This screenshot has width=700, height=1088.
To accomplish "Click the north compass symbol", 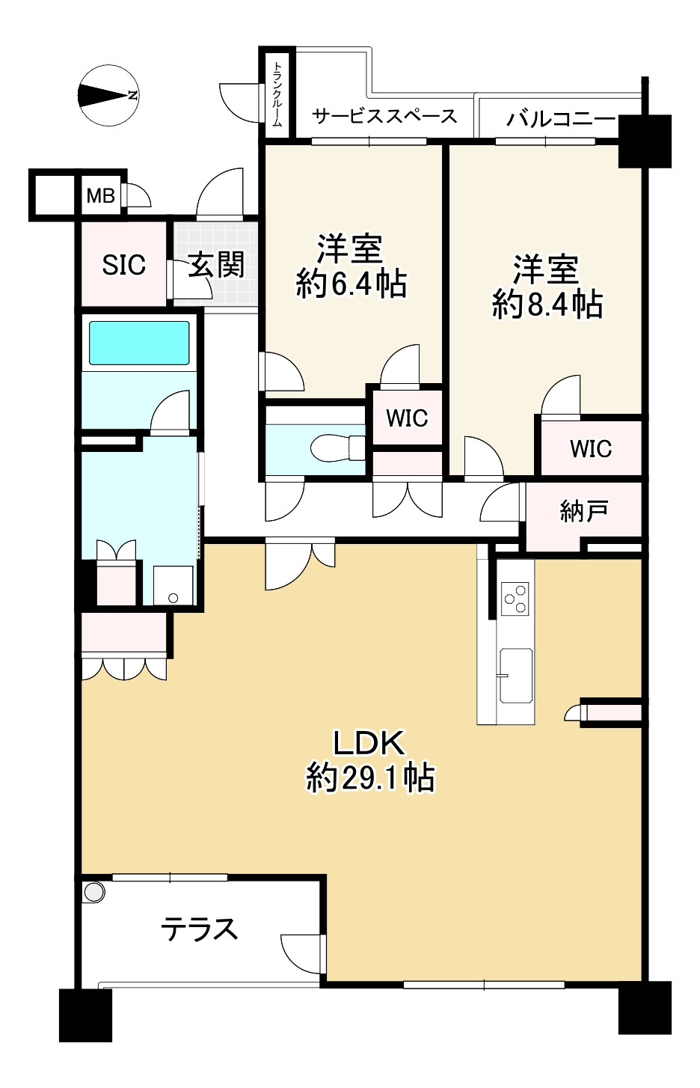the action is (x=108, y=95).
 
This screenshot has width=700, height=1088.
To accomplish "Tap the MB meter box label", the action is (x=100, y=196).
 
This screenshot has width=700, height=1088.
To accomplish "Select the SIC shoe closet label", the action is (x=124, y=265).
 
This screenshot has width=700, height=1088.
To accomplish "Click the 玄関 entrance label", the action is (x=216, y=264).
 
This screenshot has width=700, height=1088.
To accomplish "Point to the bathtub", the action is (x=139, y=343).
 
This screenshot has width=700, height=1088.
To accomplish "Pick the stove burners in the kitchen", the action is (x=515, y=599).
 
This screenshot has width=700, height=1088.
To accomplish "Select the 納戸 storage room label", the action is (x=583, y=511).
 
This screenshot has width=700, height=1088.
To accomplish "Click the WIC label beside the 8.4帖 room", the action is (x=591, y=449).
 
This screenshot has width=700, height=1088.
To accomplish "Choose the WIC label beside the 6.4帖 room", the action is (x=407, y=418).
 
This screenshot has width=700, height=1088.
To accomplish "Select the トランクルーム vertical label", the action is (x=277, y=94).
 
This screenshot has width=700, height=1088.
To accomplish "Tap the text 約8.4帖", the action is (x=547, y=305).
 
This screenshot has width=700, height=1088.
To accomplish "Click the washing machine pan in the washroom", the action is (x=174, y=585).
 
